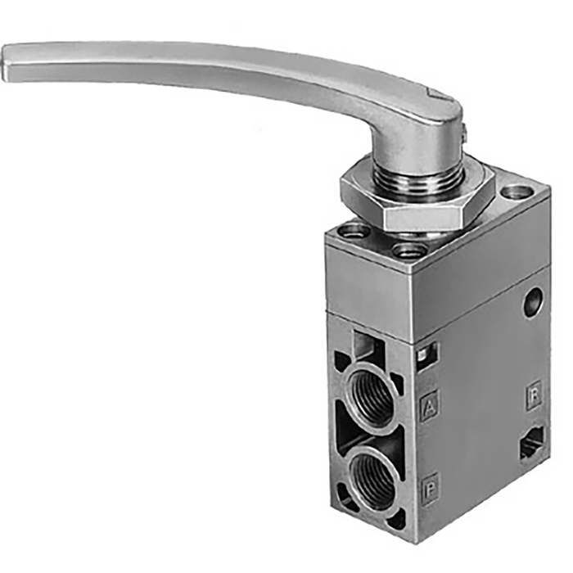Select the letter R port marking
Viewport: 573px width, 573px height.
(x=534, y=396)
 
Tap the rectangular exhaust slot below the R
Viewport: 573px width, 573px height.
(x=532, y=446)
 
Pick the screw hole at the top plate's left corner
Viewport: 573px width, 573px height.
(x=353, y=231)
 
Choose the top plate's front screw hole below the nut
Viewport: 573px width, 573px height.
(x=409, y=251)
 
